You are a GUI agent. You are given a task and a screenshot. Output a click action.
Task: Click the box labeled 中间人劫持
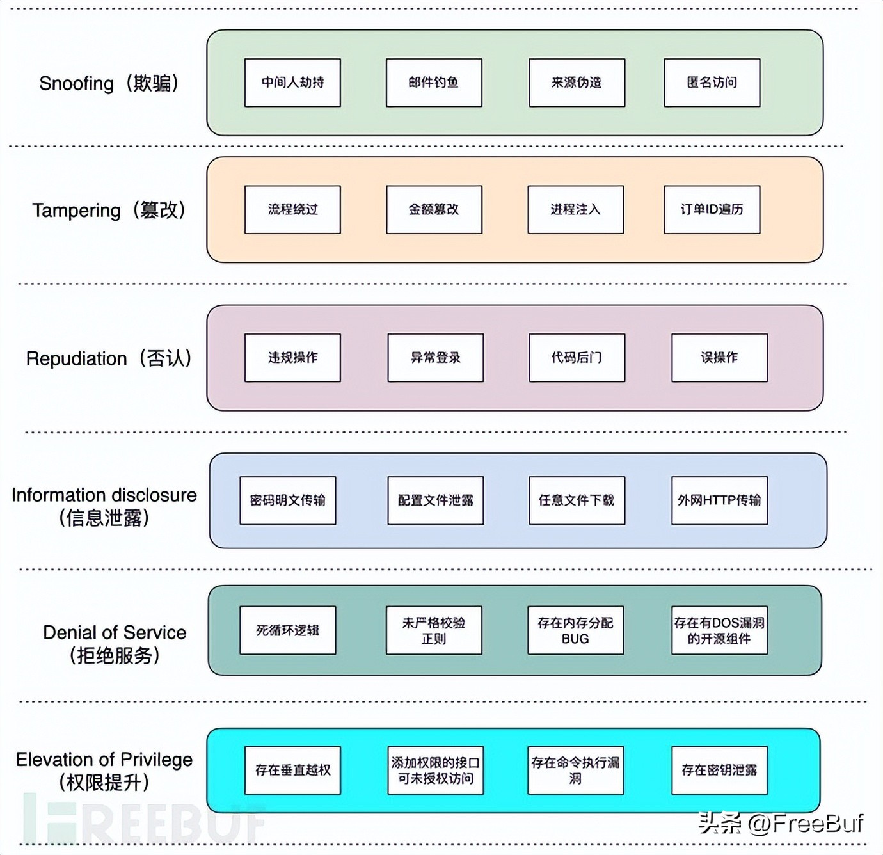(x=292, y=83)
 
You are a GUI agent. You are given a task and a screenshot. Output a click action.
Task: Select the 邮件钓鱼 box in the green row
(x=434, y=83)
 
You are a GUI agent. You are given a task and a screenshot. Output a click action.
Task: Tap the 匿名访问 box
(x=712, y=83)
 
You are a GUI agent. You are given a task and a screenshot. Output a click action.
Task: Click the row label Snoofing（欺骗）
(x=109, y=83)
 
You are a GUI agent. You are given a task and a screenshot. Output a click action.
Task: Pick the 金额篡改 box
(x=434, y=209)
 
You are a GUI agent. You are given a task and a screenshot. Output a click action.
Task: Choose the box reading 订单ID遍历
(x=712, y=209)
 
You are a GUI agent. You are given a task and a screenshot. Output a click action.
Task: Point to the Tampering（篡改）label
(x=109, y=210)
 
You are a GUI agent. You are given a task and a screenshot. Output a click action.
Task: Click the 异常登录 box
(x=435, y=358)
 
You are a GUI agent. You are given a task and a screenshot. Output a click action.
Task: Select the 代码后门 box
(x=577, y=358)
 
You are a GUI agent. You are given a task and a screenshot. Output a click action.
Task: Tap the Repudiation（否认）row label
(x=109, y=358)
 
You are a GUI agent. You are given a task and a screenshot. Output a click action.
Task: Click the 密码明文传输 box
(x=287, y=500)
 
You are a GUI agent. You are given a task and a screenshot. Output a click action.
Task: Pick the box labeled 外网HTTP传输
(x=719, y=500)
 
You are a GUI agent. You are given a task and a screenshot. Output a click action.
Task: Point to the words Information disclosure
(x=104, y=495)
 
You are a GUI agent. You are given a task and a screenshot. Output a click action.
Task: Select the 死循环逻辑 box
(x=287, y=630)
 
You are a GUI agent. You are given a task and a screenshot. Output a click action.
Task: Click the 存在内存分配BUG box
(x=575, y=630)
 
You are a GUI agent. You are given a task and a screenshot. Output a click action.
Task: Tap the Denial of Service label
(x=115, y=632)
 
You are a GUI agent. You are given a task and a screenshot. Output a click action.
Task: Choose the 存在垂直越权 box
(x=292, y=770)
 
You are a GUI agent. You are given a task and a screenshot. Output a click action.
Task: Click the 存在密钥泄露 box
(x=719, y=770)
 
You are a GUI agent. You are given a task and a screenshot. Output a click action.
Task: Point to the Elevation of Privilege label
(x=104, y=760)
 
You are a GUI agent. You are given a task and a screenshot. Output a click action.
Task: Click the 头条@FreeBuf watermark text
(x=781, y=823)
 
